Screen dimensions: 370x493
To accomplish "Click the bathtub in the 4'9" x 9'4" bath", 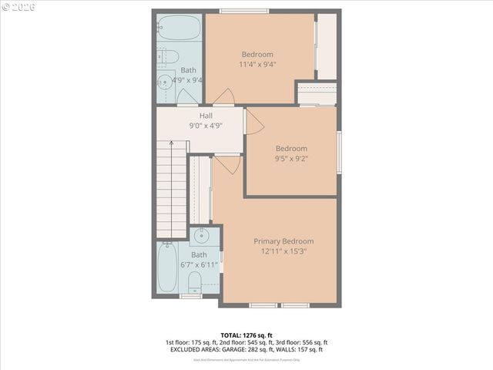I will click(x=179, y=28).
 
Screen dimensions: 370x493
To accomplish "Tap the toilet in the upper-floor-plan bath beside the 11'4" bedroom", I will click(x=170, y=56).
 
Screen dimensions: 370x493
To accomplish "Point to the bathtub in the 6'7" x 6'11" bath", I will click(x=167, y=267).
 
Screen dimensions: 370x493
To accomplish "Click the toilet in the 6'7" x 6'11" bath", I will click(x=195, y=280).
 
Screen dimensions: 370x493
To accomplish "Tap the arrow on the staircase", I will click(x=173, y=143).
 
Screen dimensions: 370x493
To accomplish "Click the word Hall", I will click(x=206, y=116).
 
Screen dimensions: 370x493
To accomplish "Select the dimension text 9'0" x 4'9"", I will click(x=206, y=126).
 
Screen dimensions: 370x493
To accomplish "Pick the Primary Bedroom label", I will click(x=283, y=241).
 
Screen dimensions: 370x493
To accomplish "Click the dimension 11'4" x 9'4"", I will click(x=258, y=64).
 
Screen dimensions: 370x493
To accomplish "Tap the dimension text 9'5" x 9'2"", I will click(x=291, y=158).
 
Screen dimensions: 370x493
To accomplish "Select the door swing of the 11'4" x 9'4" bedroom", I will click(x=224, y=96).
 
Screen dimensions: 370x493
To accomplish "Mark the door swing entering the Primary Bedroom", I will click(x=227, y=164).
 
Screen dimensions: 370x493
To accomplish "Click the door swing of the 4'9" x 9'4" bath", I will click(x=187, y=97).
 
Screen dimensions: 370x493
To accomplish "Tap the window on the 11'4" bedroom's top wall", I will click(x=244, y=11).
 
